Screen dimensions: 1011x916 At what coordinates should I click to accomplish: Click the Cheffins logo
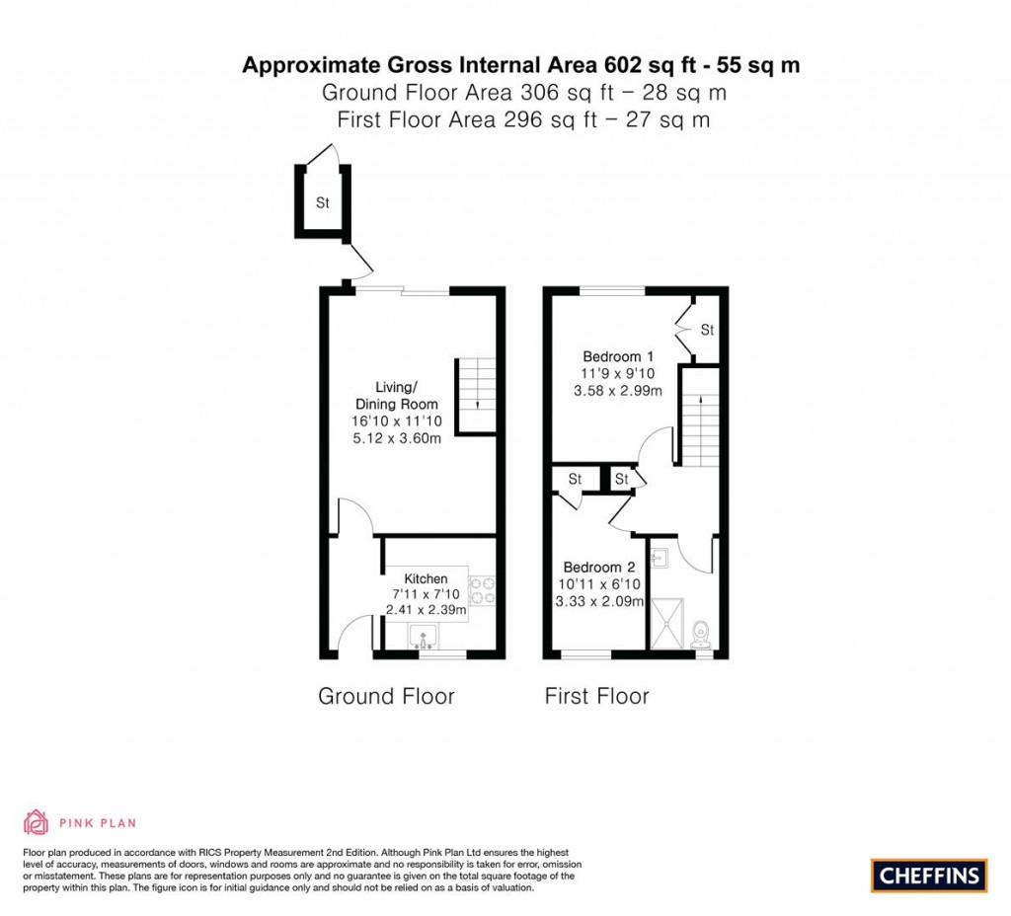click(x=928, y=876)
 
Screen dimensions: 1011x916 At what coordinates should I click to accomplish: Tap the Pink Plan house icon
click(x=37, y=822)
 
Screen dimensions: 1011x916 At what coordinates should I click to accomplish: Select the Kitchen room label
click(x=426, y=578)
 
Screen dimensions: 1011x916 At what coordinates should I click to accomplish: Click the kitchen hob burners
click(x=482, y=591)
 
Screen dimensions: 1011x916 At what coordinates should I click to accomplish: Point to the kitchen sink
click(x=423, y=637)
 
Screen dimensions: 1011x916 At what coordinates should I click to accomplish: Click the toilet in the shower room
click(x=701, y=635)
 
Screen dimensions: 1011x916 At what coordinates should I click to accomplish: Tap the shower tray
click(x=666, y=624)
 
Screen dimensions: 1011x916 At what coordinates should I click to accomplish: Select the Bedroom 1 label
click(x=618, y=356)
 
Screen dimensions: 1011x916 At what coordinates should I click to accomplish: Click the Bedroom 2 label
click(x=599, y=568)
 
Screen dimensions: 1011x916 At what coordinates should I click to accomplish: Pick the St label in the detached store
click(x=323, y=203)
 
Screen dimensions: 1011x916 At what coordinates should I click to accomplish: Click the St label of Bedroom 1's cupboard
click(x=707, y=330)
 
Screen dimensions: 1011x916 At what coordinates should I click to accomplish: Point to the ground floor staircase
click(x=477, y=395)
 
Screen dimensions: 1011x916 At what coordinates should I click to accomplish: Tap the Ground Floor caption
click(x=386, y=696)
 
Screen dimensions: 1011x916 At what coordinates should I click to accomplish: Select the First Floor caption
click(x=596, y=696)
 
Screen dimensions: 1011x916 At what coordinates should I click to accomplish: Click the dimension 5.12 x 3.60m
click(x=397, y=438)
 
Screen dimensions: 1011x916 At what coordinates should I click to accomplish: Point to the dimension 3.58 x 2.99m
click(x=618, y=391)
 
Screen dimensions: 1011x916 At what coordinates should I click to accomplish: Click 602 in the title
click(x=623, y=65)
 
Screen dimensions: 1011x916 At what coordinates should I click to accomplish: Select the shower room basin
click(x=660, y=558)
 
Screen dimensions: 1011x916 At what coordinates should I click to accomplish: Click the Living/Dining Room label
click(x=397, y=396)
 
